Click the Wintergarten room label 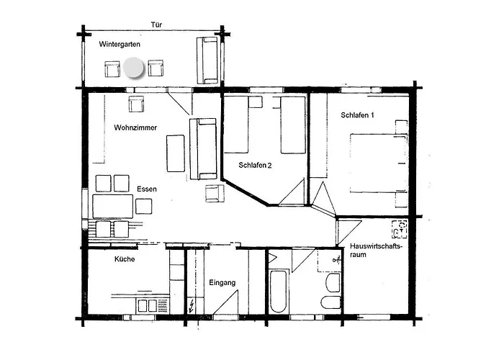click(x=120, y=45)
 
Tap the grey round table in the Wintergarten click(x=133, y=68)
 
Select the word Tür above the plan click(x=156, y=24)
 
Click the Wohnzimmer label click(x=135, y=127)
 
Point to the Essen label click(x=147, y=189)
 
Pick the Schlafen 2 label click(x=255, y=165)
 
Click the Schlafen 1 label click(x=357, y=115)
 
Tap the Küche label click(x=125, y=259)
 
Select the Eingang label click(x=222, y=283)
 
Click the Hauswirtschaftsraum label click(x=376, y=251)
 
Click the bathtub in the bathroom click(x=278, y=292)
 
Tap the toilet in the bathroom click(x=330, y=302)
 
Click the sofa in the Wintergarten click(x=207, y=60)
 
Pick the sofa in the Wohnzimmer click(x=203, y=149)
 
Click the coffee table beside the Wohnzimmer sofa click(x=176, y=153)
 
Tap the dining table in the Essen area click(x=113, y=207)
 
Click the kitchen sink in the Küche click(x=147, y=306)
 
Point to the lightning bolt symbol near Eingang click(x=192, y=305)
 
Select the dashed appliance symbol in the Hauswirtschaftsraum click(x=400, y=229)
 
